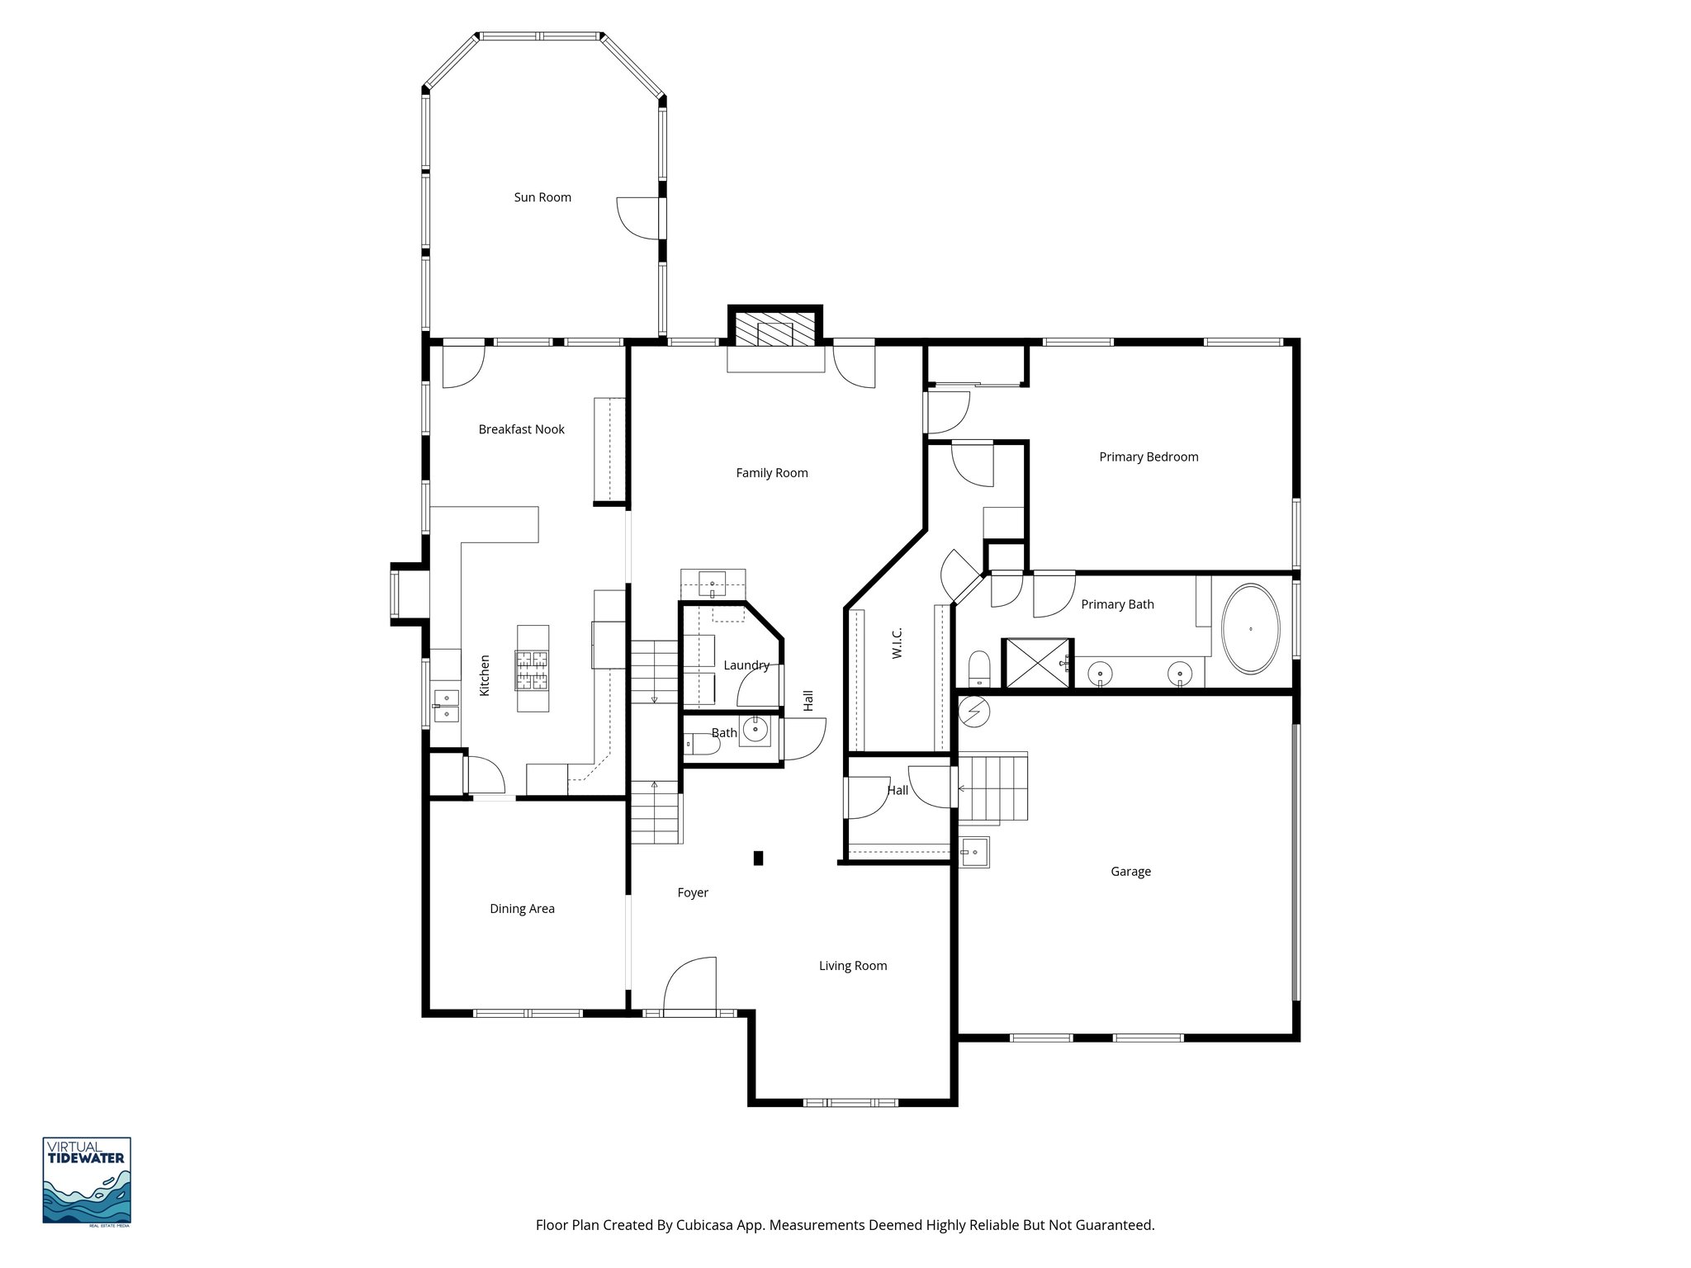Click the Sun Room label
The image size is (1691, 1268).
coord(542,197)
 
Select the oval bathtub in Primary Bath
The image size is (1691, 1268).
coord(1250,629)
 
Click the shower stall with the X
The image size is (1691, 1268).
coord(1036,663)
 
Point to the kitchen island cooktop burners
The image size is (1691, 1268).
coord(532,669)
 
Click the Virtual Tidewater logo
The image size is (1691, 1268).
coord(87,1180)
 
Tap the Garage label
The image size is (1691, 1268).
coord(1130,872)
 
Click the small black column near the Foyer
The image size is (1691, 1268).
coord(758,859)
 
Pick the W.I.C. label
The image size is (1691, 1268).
coord(898,643)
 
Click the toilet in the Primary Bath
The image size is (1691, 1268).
coord(978,667)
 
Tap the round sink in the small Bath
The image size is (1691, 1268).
coord(755,731)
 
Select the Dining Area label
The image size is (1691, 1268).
coord(522,909)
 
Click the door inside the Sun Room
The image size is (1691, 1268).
coord(639,217)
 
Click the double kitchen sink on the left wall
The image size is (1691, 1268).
coord(446,706)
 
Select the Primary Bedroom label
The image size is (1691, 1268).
coord(1149,457)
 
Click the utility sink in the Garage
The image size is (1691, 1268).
coord(975,852)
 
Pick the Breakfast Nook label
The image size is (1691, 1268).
coord(521,429)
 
